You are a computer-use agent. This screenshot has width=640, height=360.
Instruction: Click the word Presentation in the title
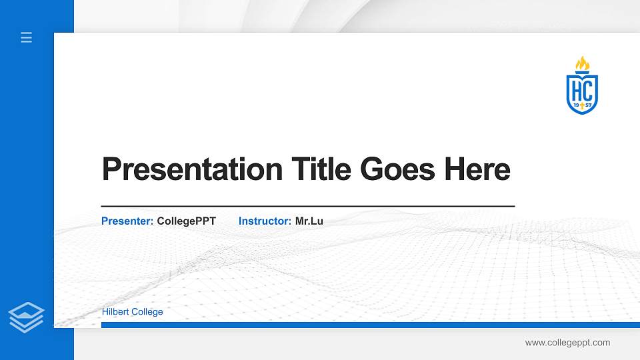(192, 169)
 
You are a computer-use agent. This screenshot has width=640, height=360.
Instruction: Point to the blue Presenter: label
(127, 221)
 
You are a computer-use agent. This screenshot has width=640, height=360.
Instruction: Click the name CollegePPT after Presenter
(187, 221)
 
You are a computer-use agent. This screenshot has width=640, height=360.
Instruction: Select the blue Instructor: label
(265, 221)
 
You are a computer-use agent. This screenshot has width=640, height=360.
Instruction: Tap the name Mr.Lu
(309, 221)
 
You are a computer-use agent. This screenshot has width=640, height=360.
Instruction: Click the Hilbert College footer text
(132, 311)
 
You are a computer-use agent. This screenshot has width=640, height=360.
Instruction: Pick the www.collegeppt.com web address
(567, 343)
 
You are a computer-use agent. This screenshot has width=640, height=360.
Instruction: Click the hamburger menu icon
(27, 37)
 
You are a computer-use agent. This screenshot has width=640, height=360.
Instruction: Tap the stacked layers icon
(27, 317)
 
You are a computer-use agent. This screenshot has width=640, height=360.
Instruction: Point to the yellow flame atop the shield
(583, 63)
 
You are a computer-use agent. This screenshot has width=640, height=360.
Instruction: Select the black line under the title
(308, 207)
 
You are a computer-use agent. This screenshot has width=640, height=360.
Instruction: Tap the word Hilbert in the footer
(115, 311)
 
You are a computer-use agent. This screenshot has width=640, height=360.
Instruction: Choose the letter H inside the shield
(575, 88)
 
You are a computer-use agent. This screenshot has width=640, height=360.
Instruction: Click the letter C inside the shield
(589, 88)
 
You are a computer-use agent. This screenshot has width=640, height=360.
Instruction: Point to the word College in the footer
(147, 311)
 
